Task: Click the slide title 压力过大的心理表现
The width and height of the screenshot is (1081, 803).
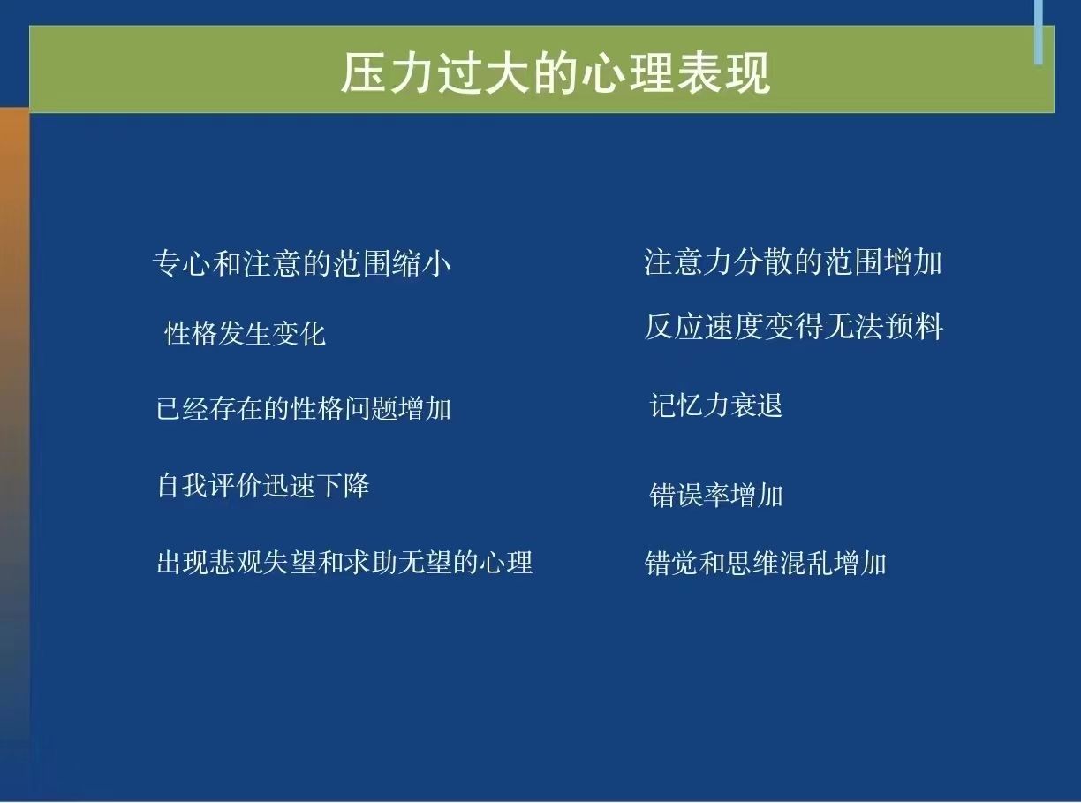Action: coord(556,73)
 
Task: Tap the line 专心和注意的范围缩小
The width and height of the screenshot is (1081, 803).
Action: coord(302,263)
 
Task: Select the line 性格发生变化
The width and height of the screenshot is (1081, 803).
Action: coord(246,334)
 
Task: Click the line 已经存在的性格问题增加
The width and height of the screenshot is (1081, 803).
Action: coord(303,408)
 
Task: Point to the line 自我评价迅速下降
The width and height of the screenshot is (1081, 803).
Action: coord(263,485)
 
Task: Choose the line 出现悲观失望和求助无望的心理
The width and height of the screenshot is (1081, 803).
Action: coord(344,562)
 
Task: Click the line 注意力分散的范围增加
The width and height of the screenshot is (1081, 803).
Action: coord(793,261)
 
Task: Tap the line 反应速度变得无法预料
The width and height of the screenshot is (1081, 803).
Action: coord(794,326)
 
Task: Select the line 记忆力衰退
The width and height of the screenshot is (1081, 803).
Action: coord(716,405)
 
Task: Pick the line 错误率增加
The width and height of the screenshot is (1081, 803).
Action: coord(716,495)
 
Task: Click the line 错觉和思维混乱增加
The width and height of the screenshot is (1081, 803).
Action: coord(765,563)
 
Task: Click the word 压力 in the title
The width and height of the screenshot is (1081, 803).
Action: coord(388,73)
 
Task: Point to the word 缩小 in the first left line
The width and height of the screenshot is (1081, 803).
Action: coord(422,263)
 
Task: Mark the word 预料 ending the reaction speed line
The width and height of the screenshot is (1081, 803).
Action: coord(914,326)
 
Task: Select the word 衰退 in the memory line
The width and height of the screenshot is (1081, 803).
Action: coord(756,405)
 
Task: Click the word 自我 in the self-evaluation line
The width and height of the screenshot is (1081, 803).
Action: coord(183,485)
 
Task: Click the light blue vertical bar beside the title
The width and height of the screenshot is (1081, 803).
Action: coord(1039,32)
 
